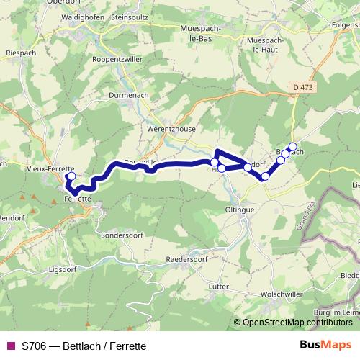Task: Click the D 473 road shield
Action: point(303,87)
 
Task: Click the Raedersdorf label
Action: point(186,258)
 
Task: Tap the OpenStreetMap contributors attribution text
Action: point(297,323)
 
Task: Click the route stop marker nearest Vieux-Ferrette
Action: point(71,176)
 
